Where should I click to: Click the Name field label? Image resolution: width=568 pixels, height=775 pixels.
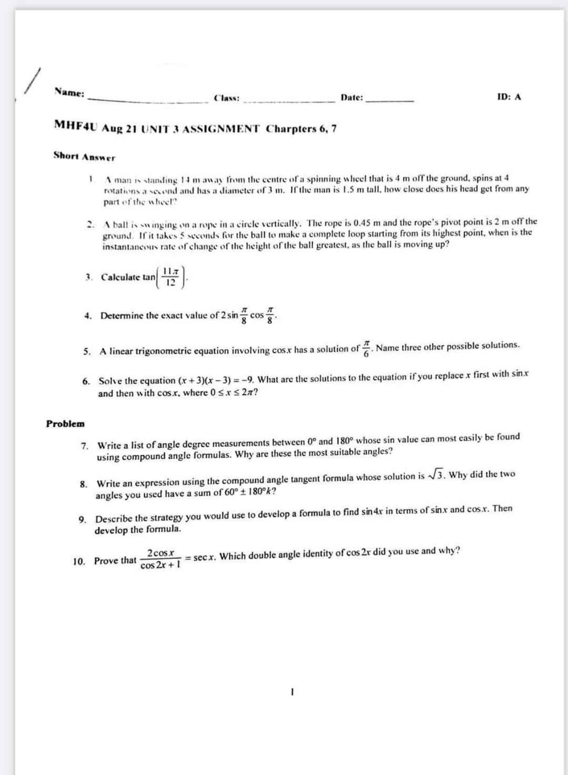(x=69, y=93)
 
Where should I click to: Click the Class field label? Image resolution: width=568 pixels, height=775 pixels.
(x=227, y=98)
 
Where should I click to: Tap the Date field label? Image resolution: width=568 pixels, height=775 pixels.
(x=351, y=97)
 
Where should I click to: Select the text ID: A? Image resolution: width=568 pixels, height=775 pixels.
(x=509, y=97)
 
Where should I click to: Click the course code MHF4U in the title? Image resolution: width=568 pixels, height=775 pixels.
(x=77, y=125)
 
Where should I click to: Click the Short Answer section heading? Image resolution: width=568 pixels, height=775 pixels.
(x=84, y=156)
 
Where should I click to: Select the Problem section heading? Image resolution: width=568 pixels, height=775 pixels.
(x=65, y=423)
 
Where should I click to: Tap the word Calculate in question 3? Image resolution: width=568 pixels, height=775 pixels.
(x=120, y=277)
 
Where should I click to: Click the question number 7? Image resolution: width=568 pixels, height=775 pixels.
(x=84, y=446)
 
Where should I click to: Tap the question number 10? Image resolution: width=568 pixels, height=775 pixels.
(x=79, y=562)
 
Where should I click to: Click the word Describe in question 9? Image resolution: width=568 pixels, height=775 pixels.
(x=113, y=518)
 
